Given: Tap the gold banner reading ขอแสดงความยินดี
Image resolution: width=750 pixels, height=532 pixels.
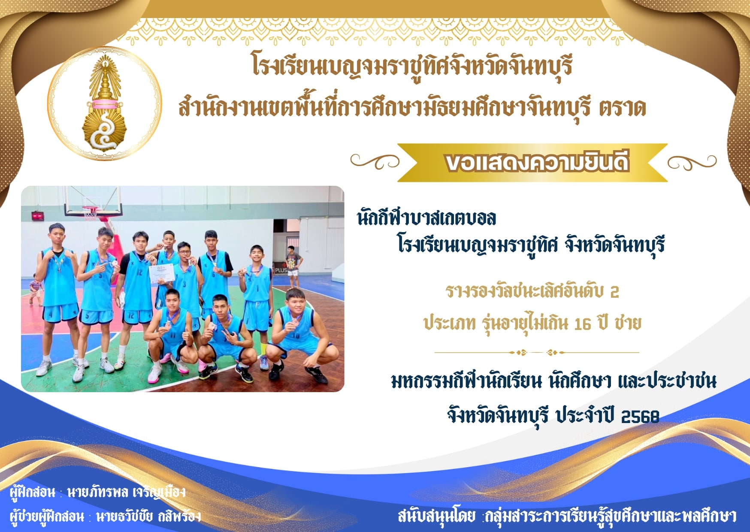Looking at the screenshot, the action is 532,163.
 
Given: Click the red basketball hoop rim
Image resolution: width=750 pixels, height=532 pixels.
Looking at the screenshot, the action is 90,209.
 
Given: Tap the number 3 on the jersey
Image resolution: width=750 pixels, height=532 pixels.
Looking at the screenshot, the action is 184,284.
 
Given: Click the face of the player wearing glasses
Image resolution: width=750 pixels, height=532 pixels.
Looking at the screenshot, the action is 184,252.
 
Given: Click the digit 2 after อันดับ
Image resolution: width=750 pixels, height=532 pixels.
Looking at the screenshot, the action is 614,292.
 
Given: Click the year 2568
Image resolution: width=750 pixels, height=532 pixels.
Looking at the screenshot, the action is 640,416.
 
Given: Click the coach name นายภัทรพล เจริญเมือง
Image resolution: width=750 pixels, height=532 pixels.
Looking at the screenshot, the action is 127,492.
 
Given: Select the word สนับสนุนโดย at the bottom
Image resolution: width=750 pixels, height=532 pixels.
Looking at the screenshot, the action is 436,516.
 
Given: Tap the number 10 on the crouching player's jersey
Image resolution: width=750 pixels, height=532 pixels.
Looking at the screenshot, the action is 296,336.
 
